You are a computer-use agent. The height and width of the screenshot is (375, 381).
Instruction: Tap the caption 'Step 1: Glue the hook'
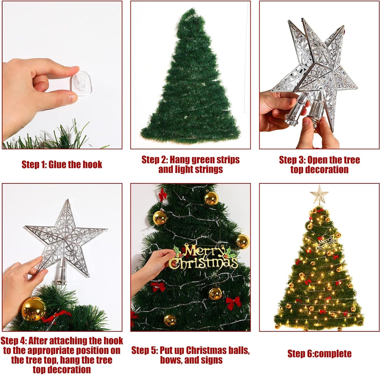(x=62, y=164)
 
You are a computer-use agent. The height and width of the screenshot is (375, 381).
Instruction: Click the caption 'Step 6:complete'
(x=319, y=353)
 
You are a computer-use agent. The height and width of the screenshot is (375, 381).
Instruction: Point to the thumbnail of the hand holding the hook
(x=62, y=75)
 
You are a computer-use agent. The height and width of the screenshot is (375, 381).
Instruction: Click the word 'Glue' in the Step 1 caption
(x=58, y=164)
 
